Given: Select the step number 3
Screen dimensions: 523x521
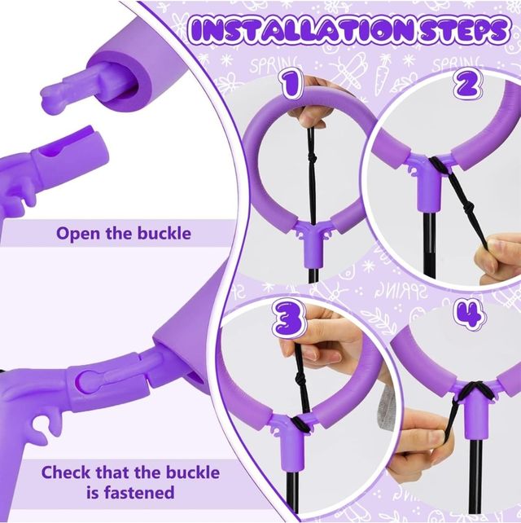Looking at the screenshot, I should click(289, 321).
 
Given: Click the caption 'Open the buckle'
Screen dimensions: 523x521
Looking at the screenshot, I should click(124, 233).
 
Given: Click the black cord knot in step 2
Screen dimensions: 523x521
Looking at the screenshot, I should click(439, 168).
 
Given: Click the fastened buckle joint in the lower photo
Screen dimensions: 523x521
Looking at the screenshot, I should click(114, 379).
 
